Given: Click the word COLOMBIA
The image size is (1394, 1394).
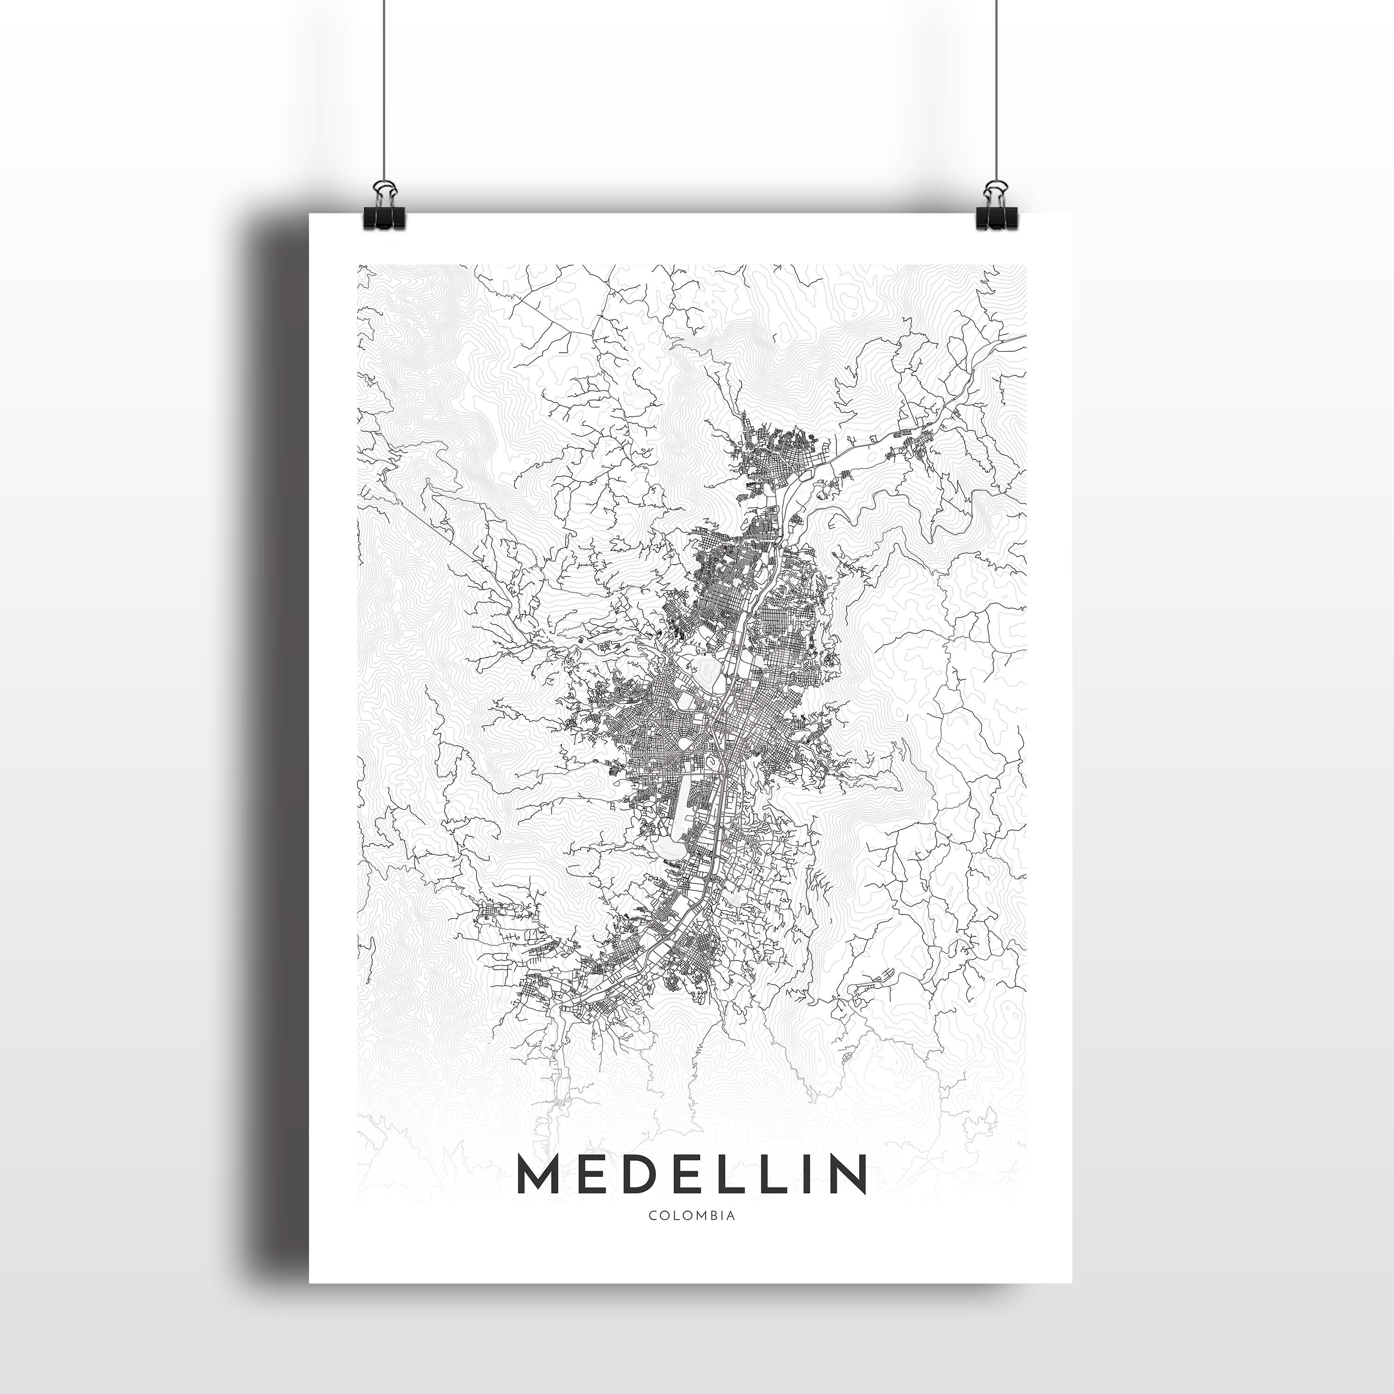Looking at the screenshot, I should click(692, 1216).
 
